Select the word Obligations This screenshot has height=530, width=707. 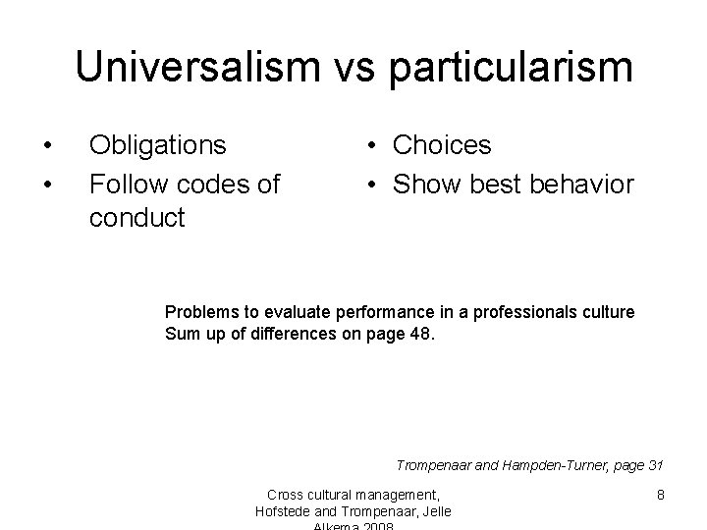(157, 145)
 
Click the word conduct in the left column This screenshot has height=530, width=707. (136, 217)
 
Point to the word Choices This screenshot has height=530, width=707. (442, 145)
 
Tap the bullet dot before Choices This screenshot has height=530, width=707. (375, 146)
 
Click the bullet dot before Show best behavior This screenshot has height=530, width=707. (375, 184)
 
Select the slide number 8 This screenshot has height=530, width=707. (661, 495)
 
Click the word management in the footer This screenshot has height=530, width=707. (402, 495)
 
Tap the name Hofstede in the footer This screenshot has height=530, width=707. (285, 510)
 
